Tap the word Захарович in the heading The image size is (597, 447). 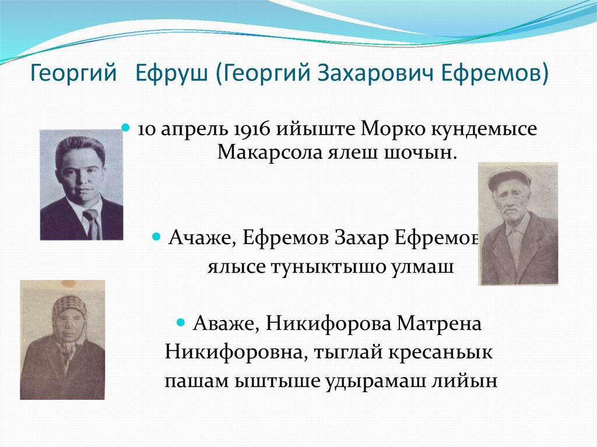point(385,74)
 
